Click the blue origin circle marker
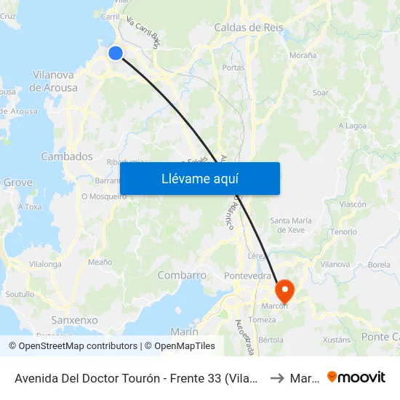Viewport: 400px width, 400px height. pyautogui.click(x=116, y=52)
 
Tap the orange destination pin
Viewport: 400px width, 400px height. pyautogui.click(x=284, y=291)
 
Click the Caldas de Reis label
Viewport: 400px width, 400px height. pyautogui.click(x=248, y=28)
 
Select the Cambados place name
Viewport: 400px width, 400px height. pyautogui.click(x=67, y=156)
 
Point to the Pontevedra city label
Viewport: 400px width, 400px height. pyautogui.click(x=247, y=276)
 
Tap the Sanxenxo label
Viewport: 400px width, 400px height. pyautogui.click(x=74, y=320)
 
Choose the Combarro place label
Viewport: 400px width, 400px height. pyautogui.click(x=182, y=276)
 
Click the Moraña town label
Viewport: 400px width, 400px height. pyautogui.click(x=303, y=55)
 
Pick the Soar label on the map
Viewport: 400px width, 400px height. pyautogui.click(x=321, y=92)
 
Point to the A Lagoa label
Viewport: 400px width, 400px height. pyautogui.click(x=353, y=126)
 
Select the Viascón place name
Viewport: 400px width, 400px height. pyautogui.click(x=353, y=204)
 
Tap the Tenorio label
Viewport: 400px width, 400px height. pyautogui.click(x=343, y=231)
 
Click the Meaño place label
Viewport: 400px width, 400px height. pyautogui.click(x=100, y=262)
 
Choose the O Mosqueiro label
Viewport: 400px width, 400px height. pyautogui.click(x=104, y=196)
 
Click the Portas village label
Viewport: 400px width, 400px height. pyautogui.click(x=233, y=68)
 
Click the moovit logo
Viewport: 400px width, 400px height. pyautogui.click(x=356, y=377)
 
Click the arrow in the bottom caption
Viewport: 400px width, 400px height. pyautogui.click(x=276, y=377)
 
